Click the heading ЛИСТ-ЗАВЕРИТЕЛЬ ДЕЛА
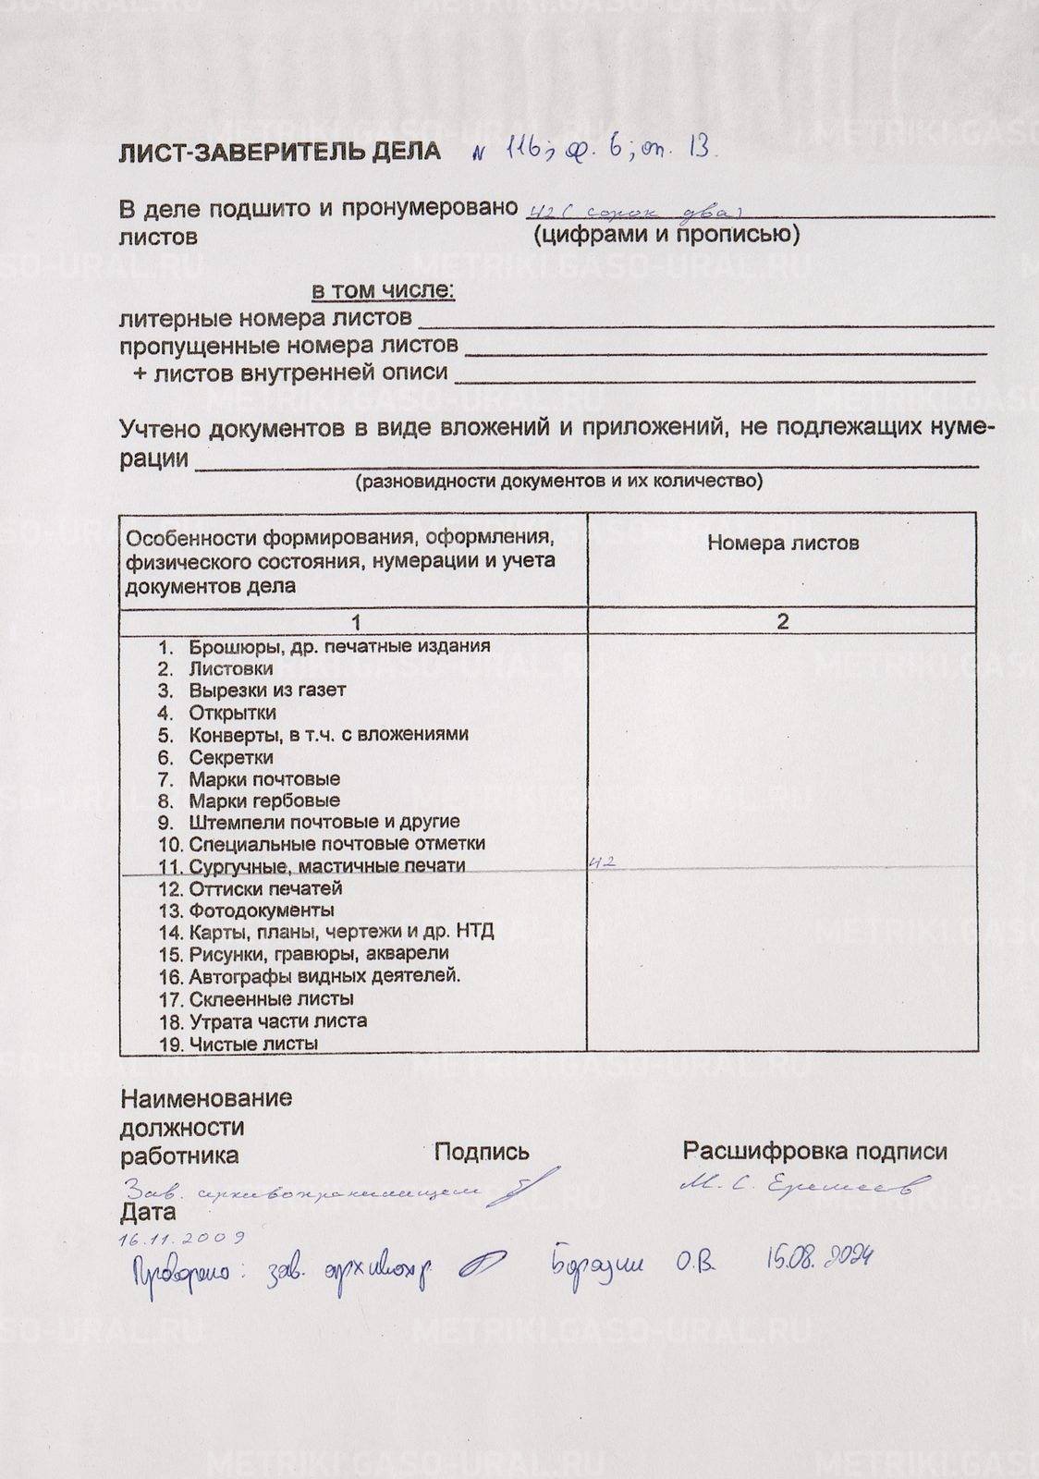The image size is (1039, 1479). pos(280,152)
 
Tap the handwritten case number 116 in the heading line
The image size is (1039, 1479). pos(516,147)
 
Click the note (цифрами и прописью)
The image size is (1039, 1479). pos(666,235)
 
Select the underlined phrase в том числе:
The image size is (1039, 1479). pos(383,291)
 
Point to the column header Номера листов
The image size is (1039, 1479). pos(783,543)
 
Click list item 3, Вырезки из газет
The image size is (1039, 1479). pos(267,691)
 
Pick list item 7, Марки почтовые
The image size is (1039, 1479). pos(263,779)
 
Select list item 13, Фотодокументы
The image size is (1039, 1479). pos(262,911)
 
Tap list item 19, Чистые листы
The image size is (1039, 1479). pos(253,1044)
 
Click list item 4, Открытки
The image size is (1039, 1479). pos(232,713)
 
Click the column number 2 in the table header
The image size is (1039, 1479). pos(783,621)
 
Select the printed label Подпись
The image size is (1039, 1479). pos(482,1152)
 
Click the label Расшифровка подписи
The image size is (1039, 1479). pos(814,1152)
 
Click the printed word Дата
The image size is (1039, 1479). pos(147,1212)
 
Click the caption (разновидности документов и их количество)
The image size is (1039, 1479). pos(559,482)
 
